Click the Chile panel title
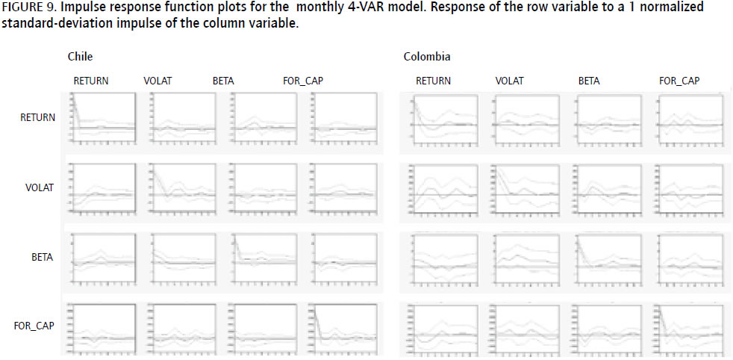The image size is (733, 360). tap(80, 57)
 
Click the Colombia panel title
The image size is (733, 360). tap(427, 57)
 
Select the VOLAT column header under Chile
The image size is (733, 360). tap(157, 81)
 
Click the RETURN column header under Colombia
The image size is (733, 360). tap(433, 81)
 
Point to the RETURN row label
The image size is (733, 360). tap(37, 117)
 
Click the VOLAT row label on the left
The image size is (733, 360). tap(40, 187)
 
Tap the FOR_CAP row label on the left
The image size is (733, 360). tap(34, 326)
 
